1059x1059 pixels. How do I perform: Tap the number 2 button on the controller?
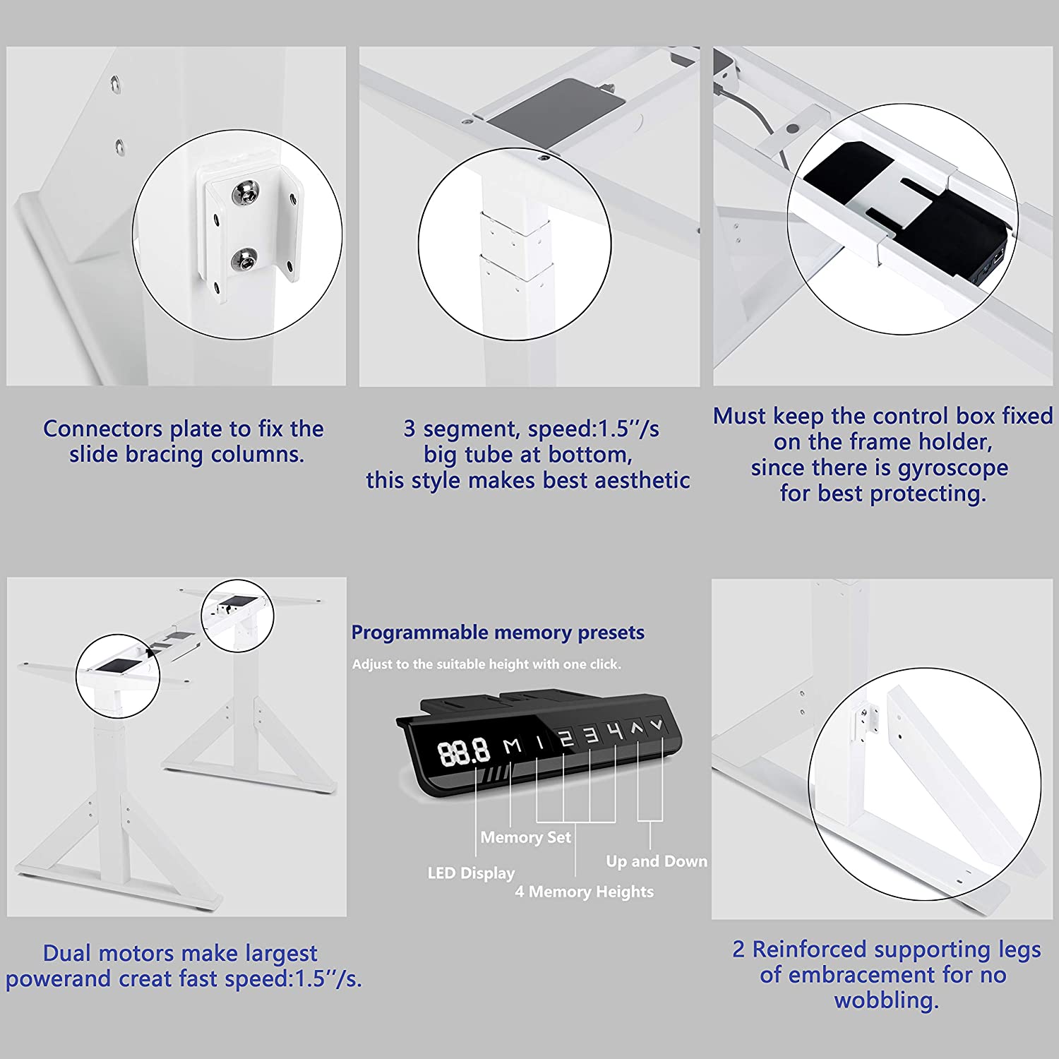(566, 738)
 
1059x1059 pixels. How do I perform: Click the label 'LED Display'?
(471, 873)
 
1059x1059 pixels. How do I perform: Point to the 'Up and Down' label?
(657, 861)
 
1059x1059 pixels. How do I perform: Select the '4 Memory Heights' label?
(584, 892)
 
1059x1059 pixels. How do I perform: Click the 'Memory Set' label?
(525, 837)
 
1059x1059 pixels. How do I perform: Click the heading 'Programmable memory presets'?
(498, 633)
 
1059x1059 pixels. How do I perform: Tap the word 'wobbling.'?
(886, 1000)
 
